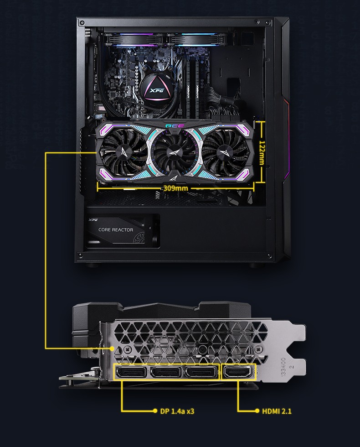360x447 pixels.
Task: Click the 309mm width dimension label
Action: click(175, 188)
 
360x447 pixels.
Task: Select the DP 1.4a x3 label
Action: click(177, 411)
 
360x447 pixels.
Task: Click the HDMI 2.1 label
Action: click(277, 411)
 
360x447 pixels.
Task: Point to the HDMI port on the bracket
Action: click(239, 373)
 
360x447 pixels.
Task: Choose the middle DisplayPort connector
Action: click(167, 373)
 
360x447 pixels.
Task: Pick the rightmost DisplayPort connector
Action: click(202, 373)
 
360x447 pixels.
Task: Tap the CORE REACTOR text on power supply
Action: click(116, 229)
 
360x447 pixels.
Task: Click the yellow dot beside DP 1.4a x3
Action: click(155, 411)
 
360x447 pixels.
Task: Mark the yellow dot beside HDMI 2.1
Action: click(257, 411)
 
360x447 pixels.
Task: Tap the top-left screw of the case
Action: click(82, 22)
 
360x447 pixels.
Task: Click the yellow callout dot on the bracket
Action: click(112, 348)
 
